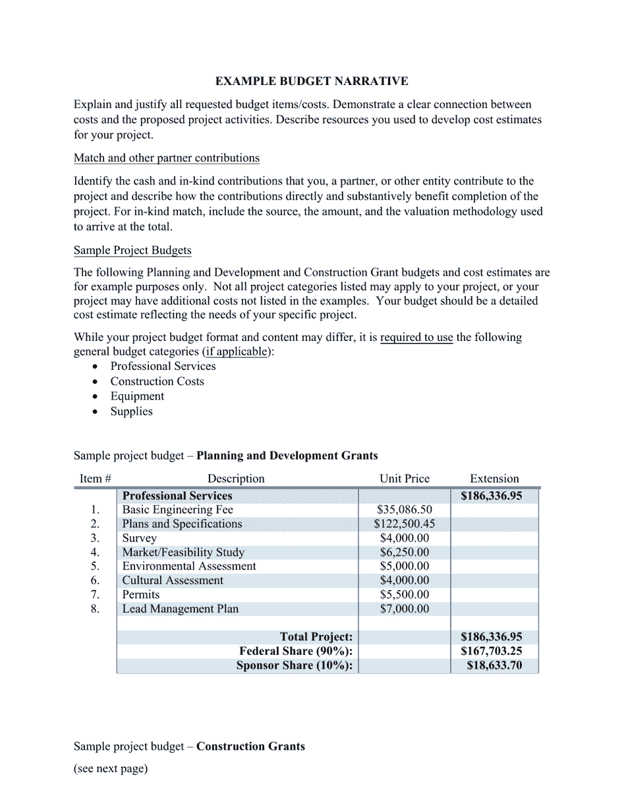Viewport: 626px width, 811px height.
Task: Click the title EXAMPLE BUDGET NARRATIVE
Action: point(312,81)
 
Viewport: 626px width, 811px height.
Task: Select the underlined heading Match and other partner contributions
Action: point(166,158)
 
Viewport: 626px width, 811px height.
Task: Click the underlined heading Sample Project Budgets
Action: point(132,251)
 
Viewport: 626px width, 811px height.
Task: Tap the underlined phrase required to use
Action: point(416,338)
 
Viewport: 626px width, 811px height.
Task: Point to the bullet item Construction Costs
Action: point(157,381)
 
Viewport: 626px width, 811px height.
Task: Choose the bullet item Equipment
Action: point(137,396)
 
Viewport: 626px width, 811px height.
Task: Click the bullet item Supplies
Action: point(131,411)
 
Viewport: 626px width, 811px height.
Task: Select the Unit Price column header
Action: point(404,479)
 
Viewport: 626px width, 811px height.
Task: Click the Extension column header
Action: point(494,479)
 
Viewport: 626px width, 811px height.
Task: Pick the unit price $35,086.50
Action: point(404,510)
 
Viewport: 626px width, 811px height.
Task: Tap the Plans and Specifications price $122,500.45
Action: point(404,524)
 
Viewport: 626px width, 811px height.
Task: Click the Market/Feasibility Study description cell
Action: point(183,553)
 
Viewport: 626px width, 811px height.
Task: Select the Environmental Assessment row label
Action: point(189,566)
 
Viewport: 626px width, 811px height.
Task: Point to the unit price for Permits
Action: point(404,595)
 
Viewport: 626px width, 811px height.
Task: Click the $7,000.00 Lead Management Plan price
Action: point(404,609)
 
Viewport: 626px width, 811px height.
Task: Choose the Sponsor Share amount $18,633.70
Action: point(494,666)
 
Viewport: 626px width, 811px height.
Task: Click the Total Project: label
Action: point(316,637)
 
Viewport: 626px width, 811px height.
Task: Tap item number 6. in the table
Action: point(95,581)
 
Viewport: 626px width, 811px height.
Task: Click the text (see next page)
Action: point(111,769)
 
